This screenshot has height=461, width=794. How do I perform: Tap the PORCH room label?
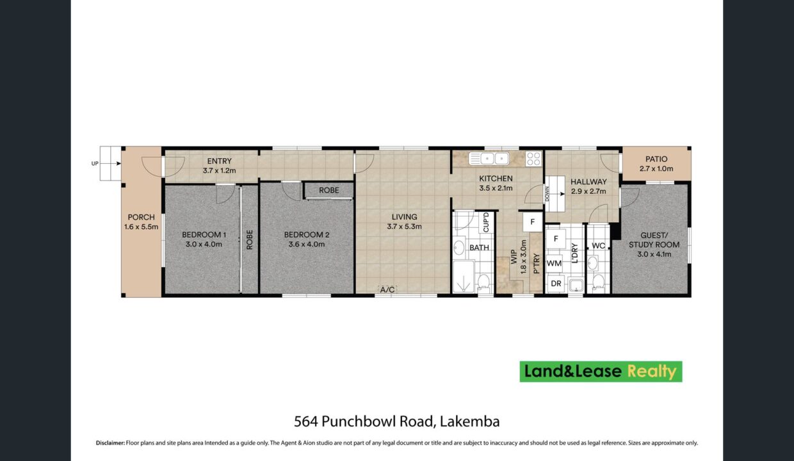click(141, 217)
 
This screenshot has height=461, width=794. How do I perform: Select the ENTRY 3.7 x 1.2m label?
click(220, 166)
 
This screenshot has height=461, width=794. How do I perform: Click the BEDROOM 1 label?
click(204, 234)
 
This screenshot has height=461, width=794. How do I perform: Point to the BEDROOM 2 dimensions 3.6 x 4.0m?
click(307, 244)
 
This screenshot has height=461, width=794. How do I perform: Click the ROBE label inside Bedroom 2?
click(329, 190)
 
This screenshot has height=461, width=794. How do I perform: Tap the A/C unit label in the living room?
click(387, 290)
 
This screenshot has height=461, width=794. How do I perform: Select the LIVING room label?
click(405, 217)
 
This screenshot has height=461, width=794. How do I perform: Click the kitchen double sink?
click(489, 158)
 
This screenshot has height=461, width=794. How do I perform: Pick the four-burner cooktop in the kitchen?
click(533, 159)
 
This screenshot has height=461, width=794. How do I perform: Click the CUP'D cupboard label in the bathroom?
click(486, 223)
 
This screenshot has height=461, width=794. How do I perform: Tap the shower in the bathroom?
click(464, 277)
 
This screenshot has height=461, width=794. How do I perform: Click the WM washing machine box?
click(554, 264)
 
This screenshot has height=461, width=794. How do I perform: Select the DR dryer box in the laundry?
click(556, 284)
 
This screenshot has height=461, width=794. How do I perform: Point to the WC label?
click(598, 246)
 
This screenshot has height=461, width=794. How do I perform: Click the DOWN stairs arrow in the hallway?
click(556, 194)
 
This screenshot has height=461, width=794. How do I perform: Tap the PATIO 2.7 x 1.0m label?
click(656, 164)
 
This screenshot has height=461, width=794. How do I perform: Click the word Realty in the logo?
click(652, 371)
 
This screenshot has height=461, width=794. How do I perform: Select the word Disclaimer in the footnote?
click(110, 443)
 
